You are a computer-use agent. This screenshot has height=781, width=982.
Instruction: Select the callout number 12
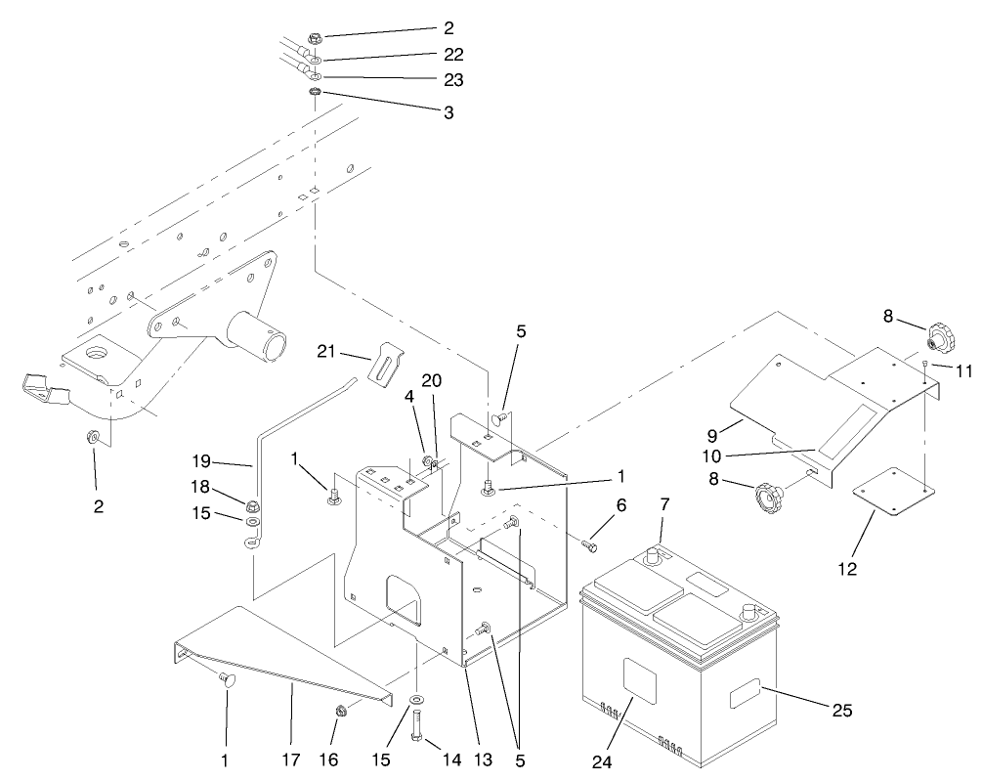click(x=848, y=568)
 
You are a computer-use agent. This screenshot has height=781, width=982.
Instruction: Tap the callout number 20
click(x=432, y=379)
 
